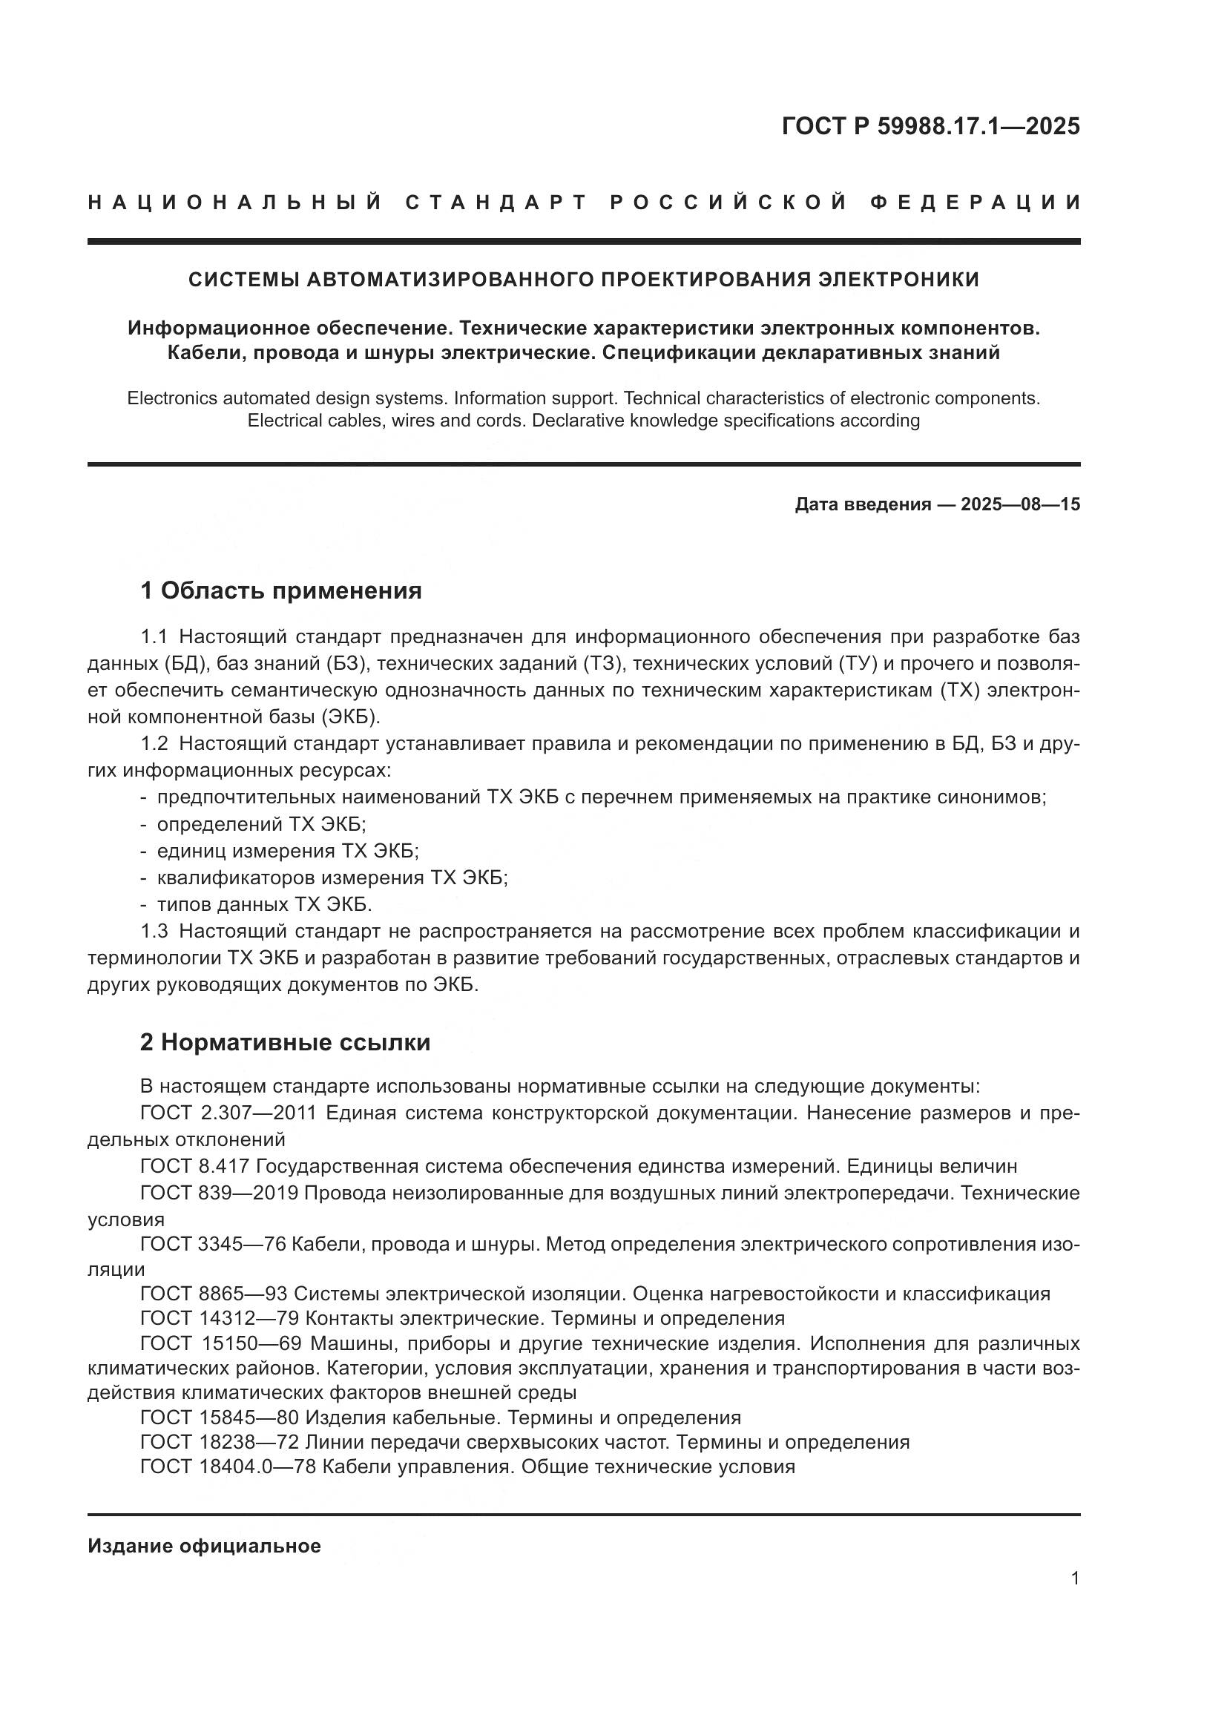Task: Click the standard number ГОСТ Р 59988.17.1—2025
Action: [930, 126]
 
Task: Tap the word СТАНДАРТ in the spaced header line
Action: [496, 203]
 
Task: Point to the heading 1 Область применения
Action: [281, 590]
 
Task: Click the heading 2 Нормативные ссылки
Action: [285, 1042]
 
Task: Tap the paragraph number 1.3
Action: [154, 931]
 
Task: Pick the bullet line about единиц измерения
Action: [287, 851]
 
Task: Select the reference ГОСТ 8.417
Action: [195, 1166]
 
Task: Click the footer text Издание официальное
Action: [204, 1546]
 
